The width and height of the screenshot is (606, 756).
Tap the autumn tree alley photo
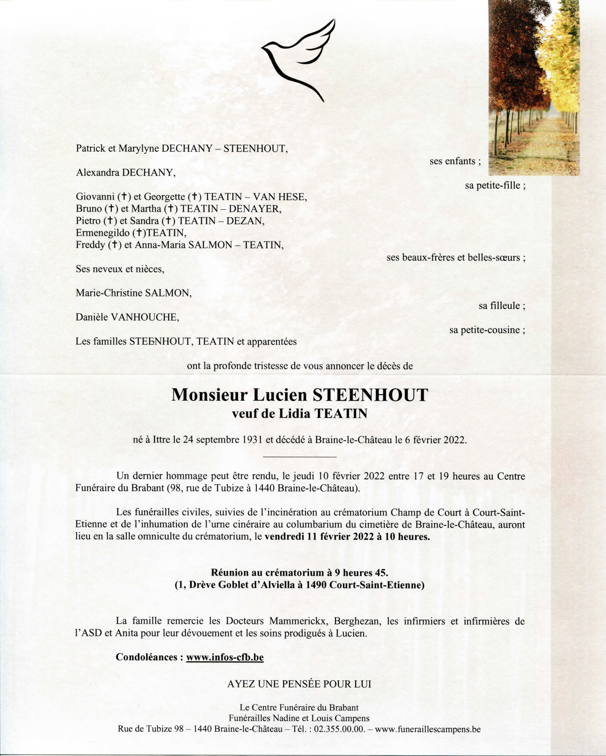point(534,88)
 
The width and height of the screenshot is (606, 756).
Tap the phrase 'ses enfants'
point(452,161)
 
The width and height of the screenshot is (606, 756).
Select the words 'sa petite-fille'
point(492,185)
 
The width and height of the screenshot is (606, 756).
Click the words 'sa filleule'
point(499,305)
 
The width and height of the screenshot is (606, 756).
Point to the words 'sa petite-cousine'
point(485,330)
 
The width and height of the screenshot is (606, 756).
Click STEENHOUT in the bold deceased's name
point(370,395)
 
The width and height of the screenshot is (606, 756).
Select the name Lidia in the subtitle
point(297,414)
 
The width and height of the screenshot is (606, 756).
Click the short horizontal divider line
point(300,457)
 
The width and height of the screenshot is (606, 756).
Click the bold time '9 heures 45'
point(360,573)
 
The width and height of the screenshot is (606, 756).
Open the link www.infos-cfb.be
point(225,657)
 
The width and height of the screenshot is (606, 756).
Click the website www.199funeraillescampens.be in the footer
point(428,729)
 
